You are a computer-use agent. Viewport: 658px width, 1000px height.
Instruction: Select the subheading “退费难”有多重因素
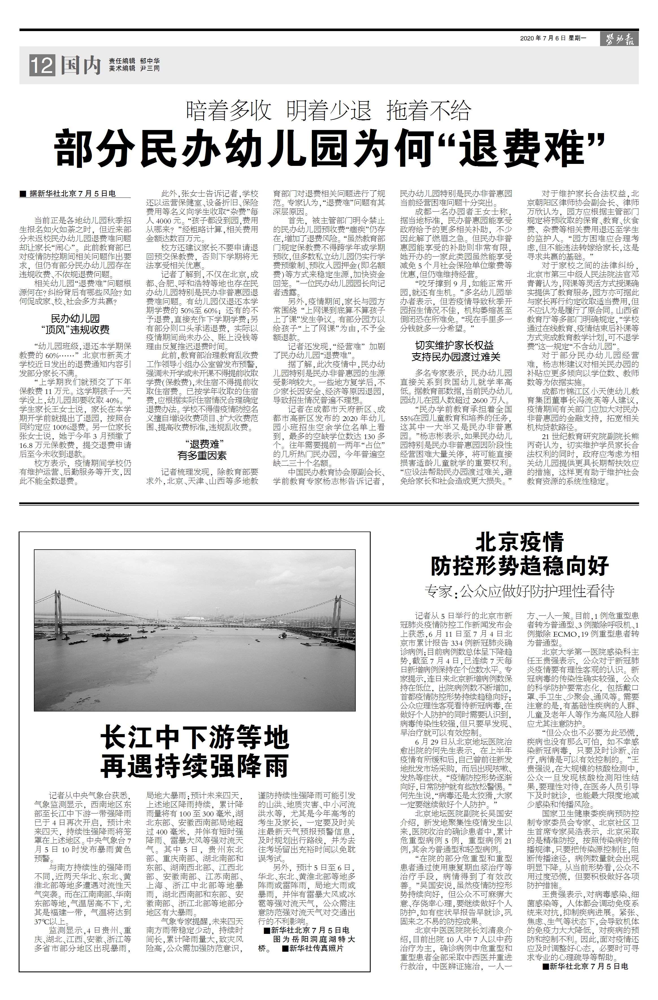[202, 449]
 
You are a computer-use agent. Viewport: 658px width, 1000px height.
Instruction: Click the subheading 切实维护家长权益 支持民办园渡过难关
[456, 351]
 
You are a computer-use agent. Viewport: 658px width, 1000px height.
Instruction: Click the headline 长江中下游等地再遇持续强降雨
[195, 752]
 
